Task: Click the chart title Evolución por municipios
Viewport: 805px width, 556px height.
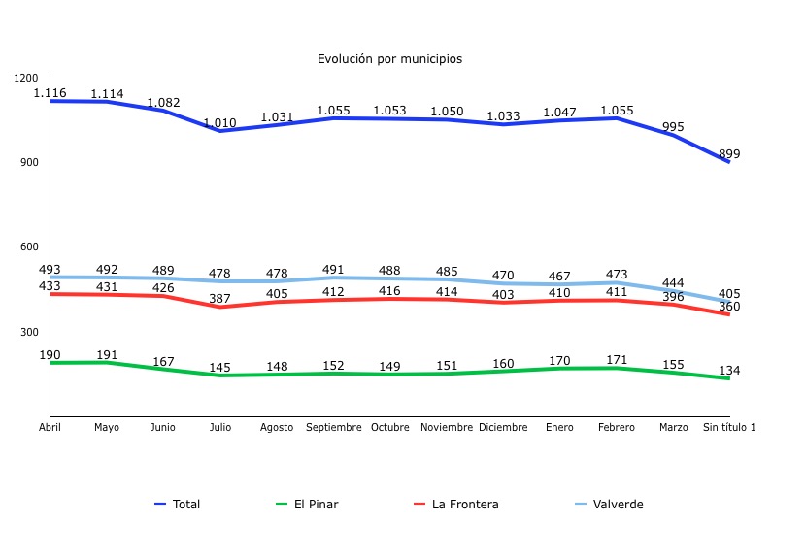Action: coord(389,59)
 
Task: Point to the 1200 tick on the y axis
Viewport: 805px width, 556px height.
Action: coord(27,78)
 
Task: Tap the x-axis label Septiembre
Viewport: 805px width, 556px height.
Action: coord(333,428)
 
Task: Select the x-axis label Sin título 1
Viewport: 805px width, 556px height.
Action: coord(729,428)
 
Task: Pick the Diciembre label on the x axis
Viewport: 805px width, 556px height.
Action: coord(503,428)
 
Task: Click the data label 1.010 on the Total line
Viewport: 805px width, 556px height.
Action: coord(220,123)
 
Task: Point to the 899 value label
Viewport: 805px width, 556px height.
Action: coord(729,154)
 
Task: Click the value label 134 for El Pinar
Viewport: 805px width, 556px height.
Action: coord(729,371)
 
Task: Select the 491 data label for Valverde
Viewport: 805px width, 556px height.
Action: coord(333,271)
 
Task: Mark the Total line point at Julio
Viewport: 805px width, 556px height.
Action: coord(220,131)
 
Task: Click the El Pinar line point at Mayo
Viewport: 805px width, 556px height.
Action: coord(107,363)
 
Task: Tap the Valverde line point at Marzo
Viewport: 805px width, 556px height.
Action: coord(673,291)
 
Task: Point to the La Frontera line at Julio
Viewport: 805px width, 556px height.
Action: coord(220,307)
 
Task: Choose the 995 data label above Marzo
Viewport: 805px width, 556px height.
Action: coord(673,127)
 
